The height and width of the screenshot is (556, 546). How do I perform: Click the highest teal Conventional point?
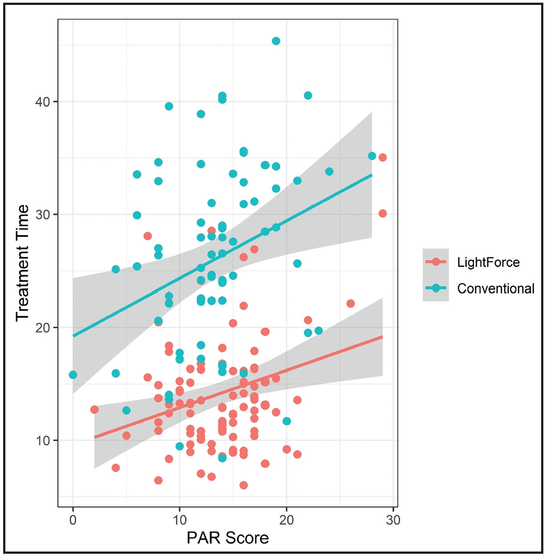click(x=276, y=41)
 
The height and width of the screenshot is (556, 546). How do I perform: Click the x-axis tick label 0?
click(x=73, y=520)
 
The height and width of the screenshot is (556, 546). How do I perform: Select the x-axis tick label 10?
click(x=179, y=520)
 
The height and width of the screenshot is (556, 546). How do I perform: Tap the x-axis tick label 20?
click(x=286, y=520)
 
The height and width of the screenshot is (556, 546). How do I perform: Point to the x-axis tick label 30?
click(x=393, y=520)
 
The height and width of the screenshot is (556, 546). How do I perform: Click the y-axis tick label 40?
click(x=43, y=102)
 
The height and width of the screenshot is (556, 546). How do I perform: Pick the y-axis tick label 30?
click(x=43, y=214)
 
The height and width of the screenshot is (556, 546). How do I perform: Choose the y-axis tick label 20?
click(x=43, y=328)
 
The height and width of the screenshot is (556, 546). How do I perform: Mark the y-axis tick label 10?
click(x=43, y=441)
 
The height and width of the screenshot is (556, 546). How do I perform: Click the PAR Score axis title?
click(x=228, y=538)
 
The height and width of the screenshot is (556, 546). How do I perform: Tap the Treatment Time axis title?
click(x=22, y=263)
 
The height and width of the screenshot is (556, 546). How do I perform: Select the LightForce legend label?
click(x=488, y=262)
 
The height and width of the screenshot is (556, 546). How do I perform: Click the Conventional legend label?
click(x=496, y=289)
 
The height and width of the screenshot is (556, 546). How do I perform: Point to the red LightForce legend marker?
click(x=436, y=262)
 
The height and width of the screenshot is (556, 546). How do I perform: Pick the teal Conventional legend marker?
click(x=436, y=288)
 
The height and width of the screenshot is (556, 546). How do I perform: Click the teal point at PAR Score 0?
click(x=73, y=375)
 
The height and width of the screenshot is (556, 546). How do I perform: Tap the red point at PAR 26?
click(x=350, y=304)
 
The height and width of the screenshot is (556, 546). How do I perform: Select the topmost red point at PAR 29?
click(x=383, y=158)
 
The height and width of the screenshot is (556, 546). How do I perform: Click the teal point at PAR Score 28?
click(x=372, y=156)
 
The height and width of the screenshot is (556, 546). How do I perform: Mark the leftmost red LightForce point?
click(x=94, y=410)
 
